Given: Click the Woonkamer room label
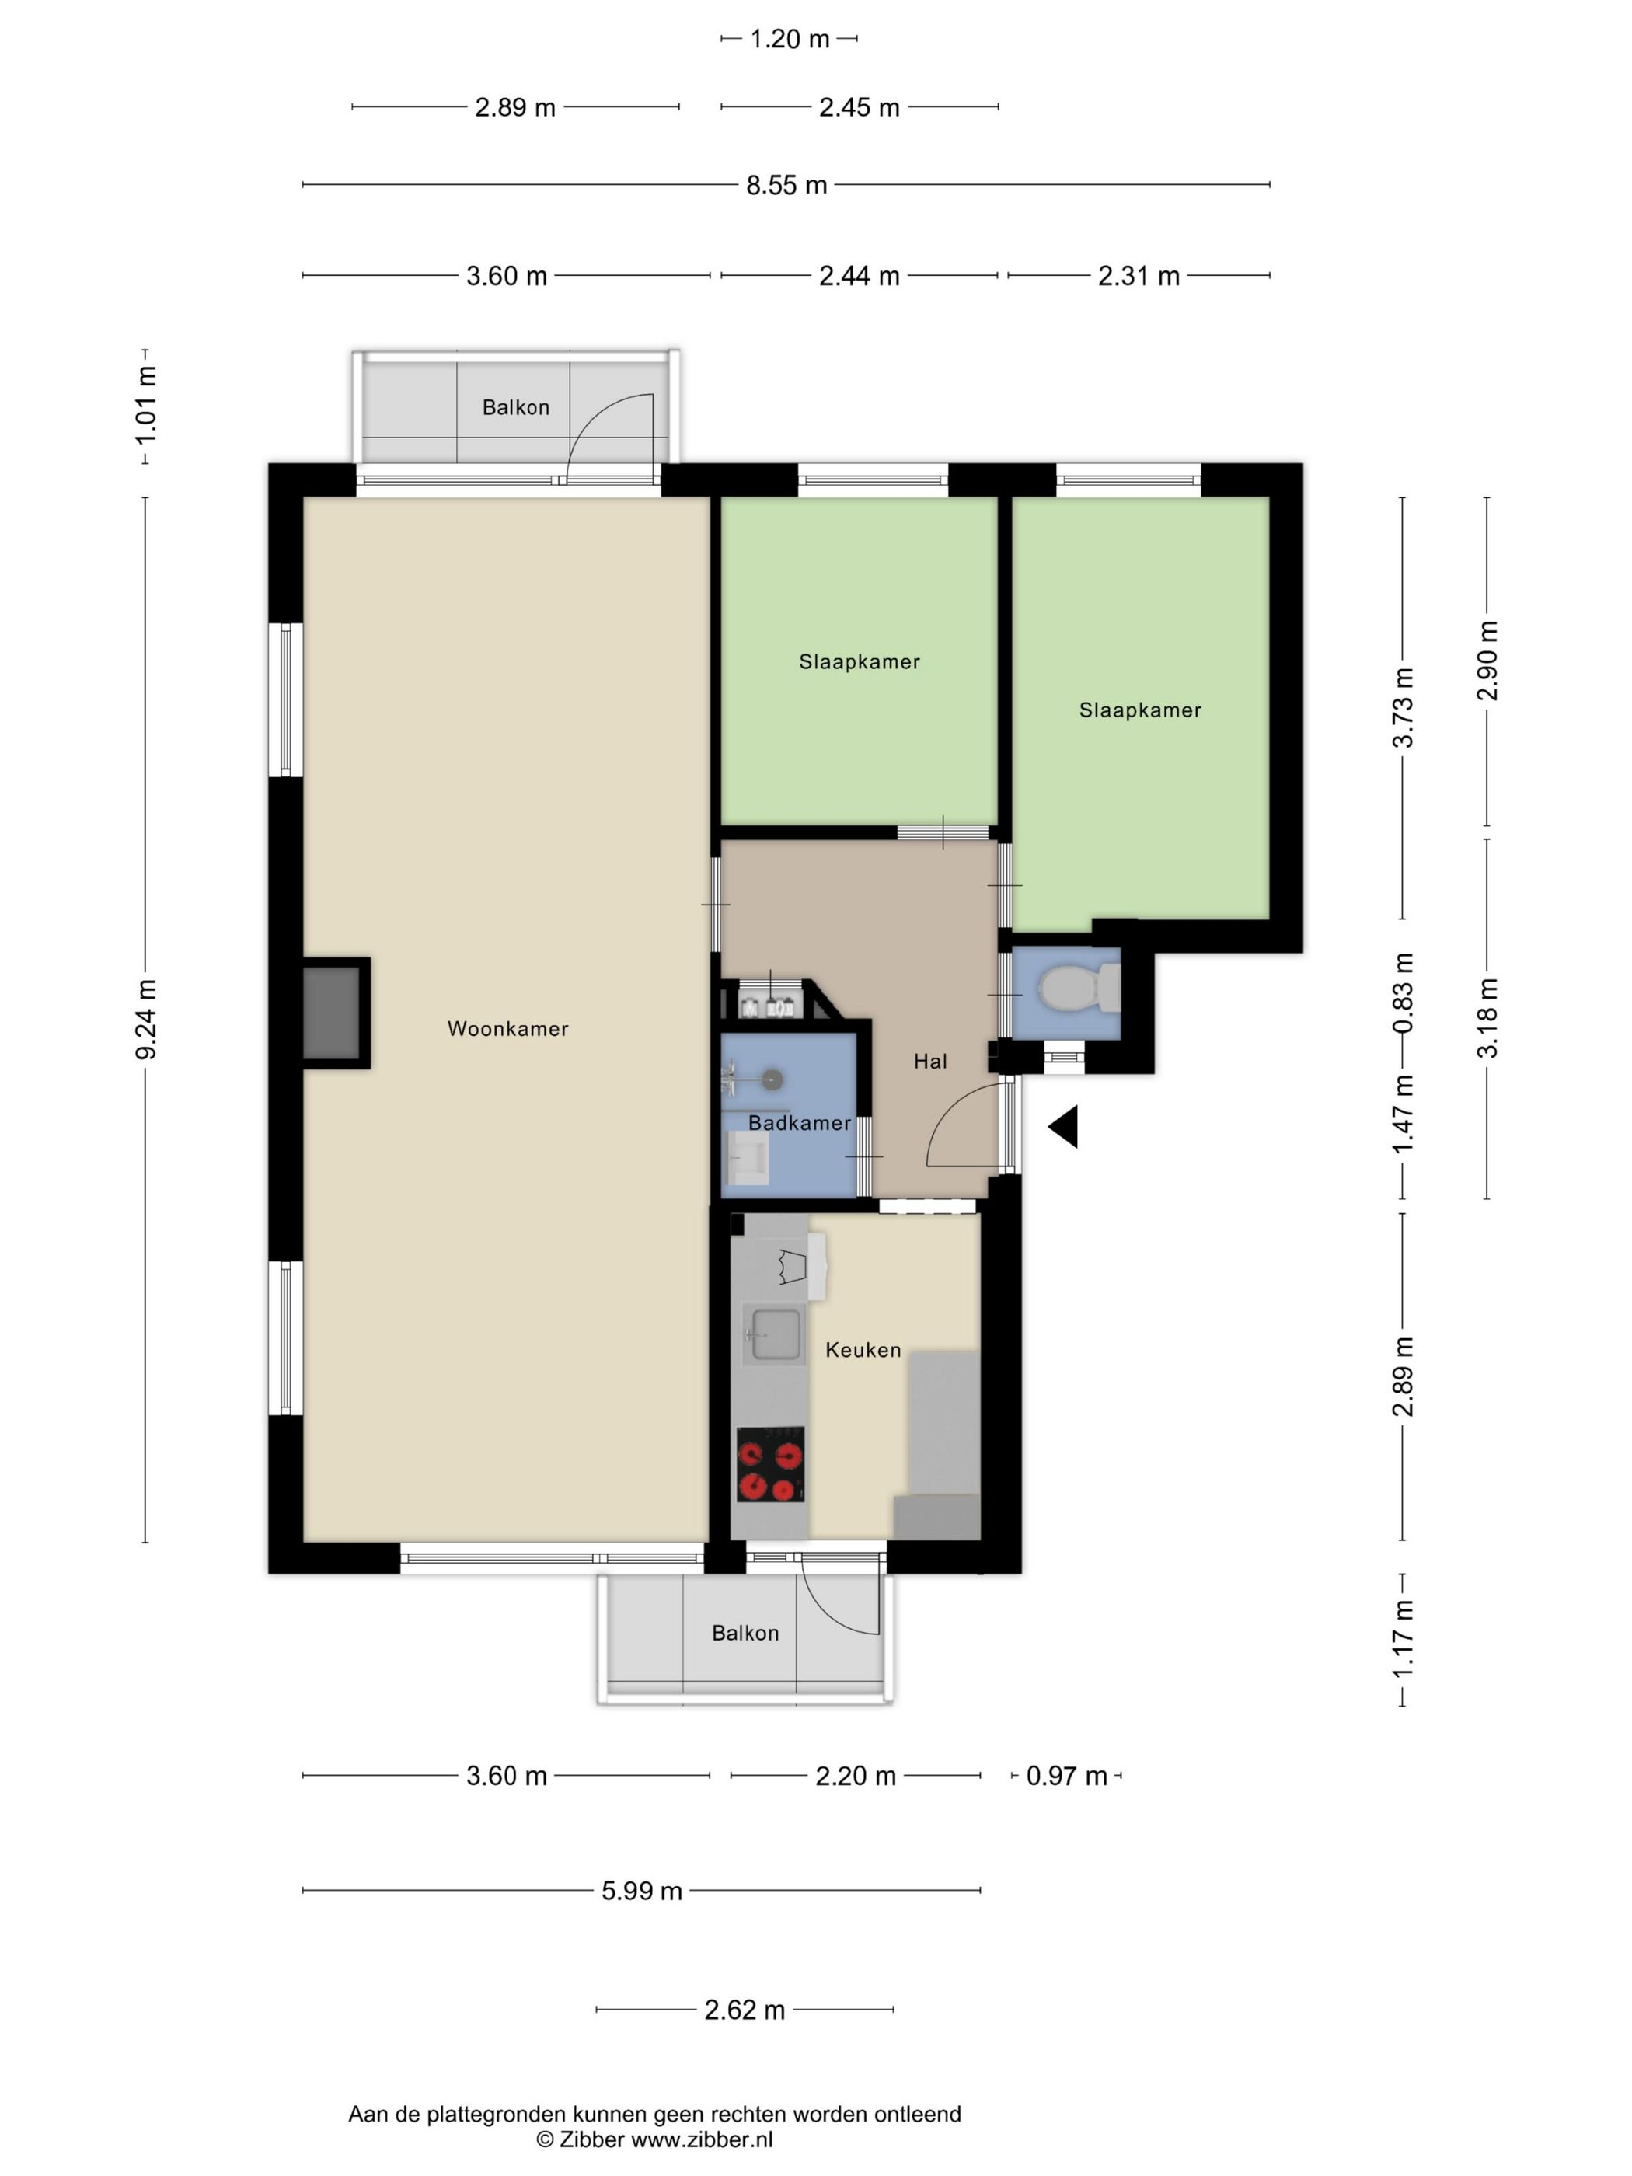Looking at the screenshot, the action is click(x=507, y=1029).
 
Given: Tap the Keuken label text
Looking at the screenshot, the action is click(x=863, y=1350).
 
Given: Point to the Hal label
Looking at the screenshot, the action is click(x=929, y=1061).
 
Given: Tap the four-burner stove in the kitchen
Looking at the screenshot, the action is click(x=770, y=1464).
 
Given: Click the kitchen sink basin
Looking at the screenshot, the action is click(x=774, y=1335).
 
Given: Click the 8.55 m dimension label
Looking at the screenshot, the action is click(x=786, y=185).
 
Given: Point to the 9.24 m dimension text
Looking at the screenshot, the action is click(x=145, y=1019).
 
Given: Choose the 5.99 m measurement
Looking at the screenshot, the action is click(x=641, y=1891).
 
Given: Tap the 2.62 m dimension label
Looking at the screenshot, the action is click(x=745, y=2010).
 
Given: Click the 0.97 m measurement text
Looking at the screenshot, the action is click(x=1066, y=1776).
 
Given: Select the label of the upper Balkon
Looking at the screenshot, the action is click(x=515, y=407).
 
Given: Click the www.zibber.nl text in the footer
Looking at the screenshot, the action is click(x=702, y=2139).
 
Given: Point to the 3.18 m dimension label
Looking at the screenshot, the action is click(x=1487, y=1018).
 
